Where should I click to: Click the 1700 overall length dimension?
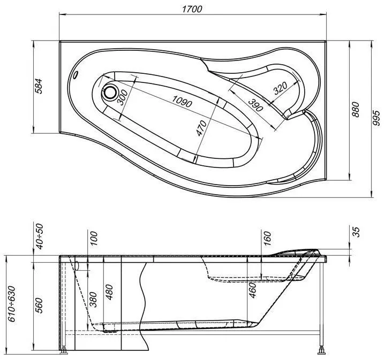click(x=192, y=9)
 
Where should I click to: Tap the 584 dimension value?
click(x=39, y=86)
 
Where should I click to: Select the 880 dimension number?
click(x=355, y=109)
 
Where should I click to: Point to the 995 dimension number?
click(x=376, y=118)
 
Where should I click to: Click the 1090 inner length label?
click(x=182, y=101)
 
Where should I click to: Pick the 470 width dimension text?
click(x=201, y=128)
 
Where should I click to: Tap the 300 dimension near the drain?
click(x=122, y=97)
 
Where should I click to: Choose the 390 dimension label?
click(x=255, y=105)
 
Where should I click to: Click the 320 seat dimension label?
click(x=281, y=88)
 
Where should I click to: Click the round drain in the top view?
click(x=110, y=93)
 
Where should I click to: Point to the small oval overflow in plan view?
click(x=75, y=75)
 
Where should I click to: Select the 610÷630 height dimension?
click(x=11, y=304)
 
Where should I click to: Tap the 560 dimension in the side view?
click(x=39, y=305)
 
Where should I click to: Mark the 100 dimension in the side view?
click(x=94, y=239)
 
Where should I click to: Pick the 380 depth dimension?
click(x=93, y=300)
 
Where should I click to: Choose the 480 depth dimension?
click(x=109, y=292)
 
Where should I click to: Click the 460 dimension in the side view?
click(x=253, y=290)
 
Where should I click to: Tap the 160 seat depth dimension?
click(x=267, y=239)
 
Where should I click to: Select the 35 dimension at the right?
click(x=357, y=232)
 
